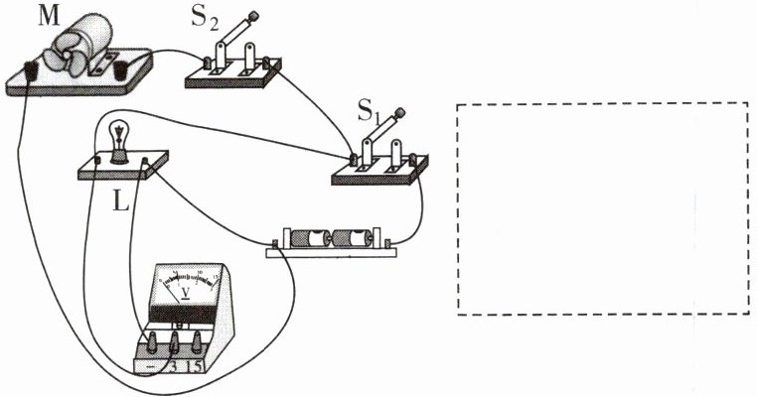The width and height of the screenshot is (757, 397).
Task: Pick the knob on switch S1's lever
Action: pos(402,112)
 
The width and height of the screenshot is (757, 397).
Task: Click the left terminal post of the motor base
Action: pos(31,70)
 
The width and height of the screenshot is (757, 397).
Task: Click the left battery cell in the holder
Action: pos(311,240)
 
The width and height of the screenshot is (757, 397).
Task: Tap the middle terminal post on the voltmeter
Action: pos(175,344)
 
